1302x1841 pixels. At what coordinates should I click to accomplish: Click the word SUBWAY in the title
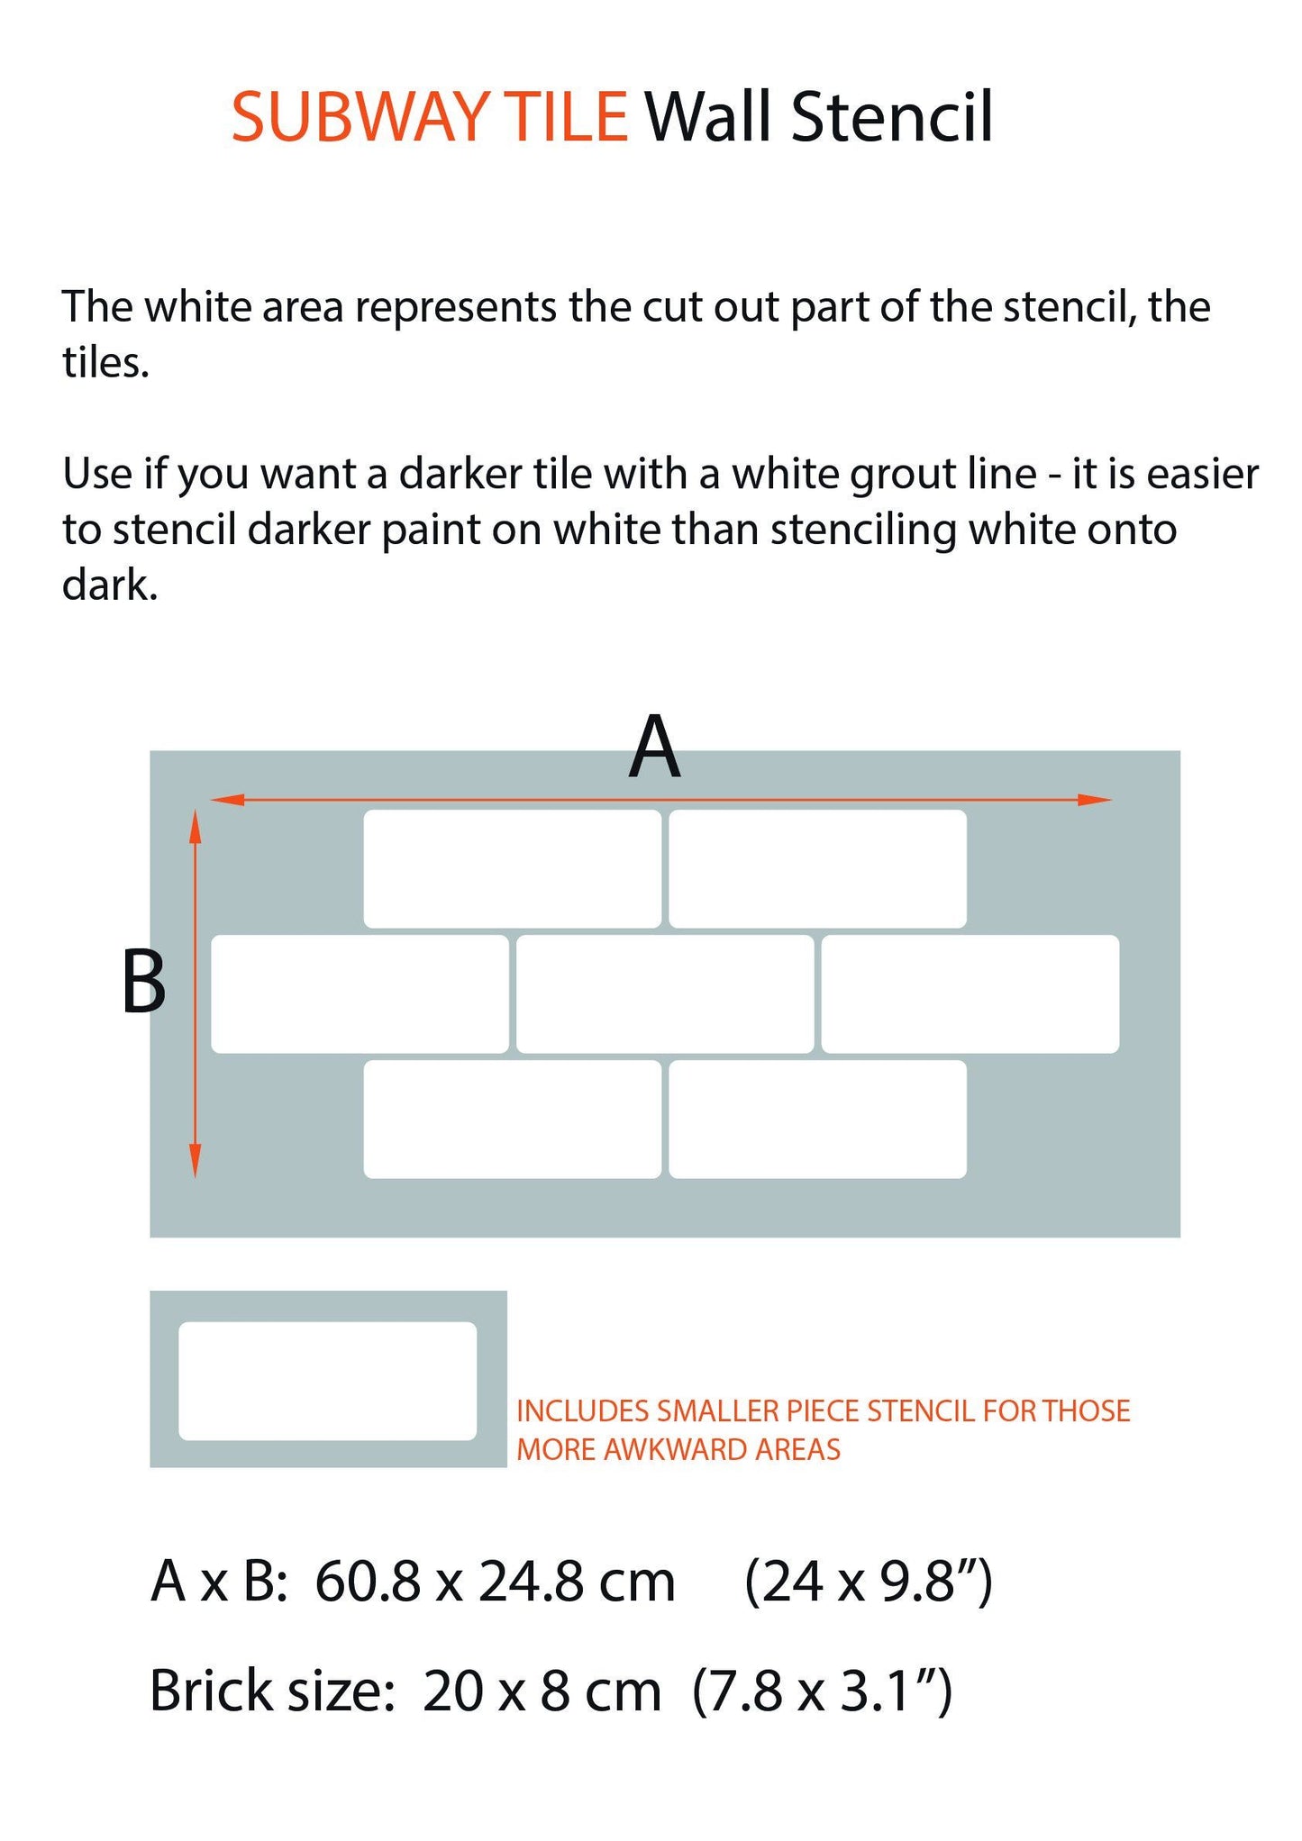360,116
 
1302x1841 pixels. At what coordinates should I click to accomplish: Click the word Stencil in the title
892,116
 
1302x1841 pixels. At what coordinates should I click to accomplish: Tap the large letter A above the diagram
654,747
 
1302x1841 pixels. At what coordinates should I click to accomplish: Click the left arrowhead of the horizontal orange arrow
227,799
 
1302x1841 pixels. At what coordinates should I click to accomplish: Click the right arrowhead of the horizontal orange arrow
1096,799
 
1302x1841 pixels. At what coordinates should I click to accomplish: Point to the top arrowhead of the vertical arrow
195,826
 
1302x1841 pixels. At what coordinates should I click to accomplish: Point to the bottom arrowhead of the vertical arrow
195,1160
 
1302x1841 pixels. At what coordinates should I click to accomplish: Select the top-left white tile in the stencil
512,868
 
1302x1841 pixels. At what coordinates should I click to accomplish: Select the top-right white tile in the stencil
817,868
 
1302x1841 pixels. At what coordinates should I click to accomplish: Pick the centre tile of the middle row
665,993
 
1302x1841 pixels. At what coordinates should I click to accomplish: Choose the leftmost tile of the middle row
360,993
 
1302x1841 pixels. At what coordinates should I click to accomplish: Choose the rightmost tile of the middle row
970,993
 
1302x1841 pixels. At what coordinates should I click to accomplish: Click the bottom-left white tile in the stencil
512,1119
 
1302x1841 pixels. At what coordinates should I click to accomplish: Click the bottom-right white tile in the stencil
817,1119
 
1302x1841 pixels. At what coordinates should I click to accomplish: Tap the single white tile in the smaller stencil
327,1381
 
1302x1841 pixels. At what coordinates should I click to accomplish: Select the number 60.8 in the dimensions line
368,1582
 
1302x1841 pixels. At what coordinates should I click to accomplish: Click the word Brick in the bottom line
211,1691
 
